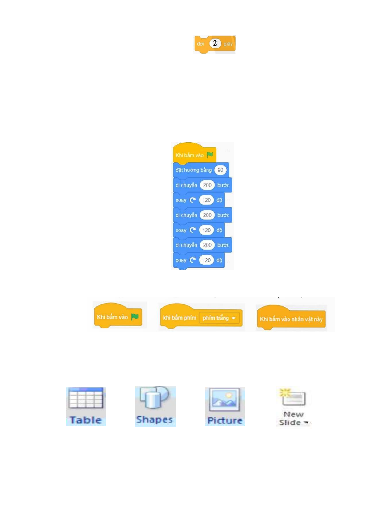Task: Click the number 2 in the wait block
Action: click(215, 43)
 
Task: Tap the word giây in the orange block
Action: click(228, 44)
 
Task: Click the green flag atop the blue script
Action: click(210, 155)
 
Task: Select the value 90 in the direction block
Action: click(220, 170)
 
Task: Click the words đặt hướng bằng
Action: click(193, 170)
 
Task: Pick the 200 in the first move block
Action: click(207, 185)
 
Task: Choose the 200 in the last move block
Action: click(207, 245)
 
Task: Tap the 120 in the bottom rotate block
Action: click(206, 260)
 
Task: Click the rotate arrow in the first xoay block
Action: click(192, 200)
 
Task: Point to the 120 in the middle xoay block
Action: click(206, 230)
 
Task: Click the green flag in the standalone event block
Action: click(135, 317)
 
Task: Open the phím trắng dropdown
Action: click(219, 318)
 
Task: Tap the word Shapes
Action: click(154, 420)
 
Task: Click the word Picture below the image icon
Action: click(225, 420)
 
